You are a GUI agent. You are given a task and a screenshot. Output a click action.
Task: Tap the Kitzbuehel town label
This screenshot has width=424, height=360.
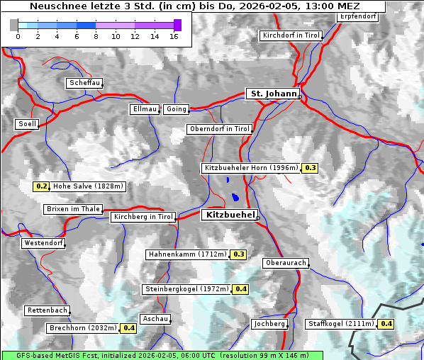pyautogui.click(x=229, y=214)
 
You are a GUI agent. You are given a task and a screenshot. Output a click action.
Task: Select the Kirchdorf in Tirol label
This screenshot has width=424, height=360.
pyautogui.click(x=291, y=35)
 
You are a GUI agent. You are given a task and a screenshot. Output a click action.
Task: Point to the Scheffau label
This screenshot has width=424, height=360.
pyautogui.click(x=84, y=83)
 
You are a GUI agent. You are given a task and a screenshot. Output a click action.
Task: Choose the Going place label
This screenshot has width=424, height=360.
pyautogui.click(x=176, y=109)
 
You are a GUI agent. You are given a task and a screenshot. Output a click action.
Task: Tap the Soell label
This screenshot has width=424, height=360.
pyautogui.click(x=27, y=124)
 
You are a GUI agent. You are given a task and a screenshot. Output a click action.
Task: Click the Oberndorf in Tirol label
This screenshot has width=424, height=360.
pyautogui.click(x=219, y=129)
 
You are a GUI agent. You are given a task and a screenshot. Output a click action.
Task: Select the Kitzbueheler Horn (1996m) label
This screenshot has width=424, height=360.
pyautogui.click(x=251, y=168)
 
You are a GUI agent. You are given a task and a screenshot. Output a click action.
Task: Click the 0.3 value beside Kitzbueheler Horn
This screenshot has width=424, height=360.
pyautogui.click(x=311, y=168)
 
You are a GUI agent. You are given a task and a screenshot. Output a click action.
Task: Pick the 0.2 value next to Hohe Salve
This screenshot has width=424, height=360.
pyautogui.click(x=42, y=186)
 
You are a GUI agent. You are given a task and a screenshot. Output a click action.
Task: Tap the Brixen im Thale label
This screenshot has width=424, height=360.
pyautogui.click(x=73, y=209)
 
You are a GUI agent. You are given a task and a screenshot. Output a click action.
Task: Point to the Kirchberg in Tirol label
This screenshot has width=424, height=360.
pyautogui.click(x=143, y=217)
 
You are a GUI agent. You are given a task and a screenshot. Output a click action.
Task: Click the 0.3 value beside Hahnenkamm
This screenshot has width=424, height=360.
pyautogui.click(x=238, y=254)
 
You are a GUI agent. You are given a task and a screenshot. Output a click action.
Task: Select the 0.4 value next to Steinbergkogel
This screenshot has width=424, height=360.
pyautogui.click(x=241, y=289)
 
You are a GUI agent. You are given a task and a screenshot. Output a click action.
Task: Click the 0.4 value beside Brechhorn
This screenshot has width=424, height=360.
pyautogui.click(x=129, y=328)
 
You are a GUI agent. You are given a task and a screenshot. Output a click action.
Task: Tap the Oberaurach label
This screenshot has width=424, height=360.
pyautogui.click(x=285, y=263)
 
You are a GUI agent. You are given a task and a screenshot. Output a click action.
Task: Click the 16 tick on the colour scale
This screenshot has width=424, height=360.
pyautogui.click(x=174, y=37)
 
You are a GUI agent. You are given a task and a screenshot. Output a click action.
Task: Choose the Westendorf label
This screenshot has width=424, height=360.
pyautogui.click(x=43, y=243)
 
